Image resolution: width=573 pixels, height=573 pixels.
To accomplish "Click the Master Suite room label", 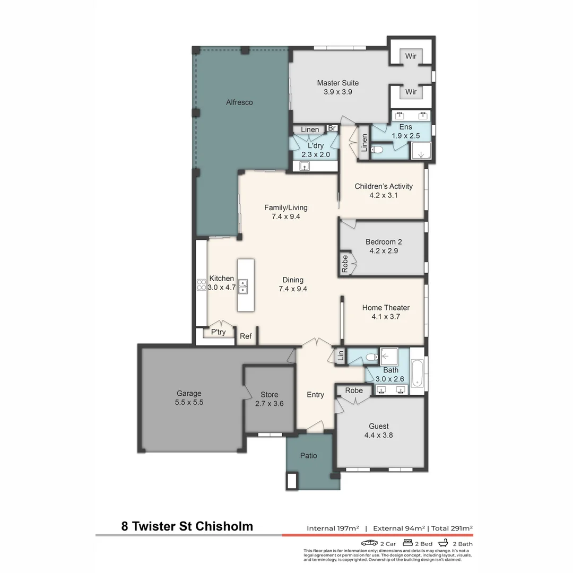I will point(337,83).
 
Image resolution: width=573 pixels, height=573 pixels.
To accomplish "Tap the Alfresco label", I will point(239,102).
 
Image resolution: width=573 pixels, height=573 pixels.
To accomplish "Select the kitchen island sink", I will point(243,286).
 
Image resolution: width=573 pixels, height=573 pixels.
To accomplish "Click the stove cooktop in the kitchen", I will point(202,285).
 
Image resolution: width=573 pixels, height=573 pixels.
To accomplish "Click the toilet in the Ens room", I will point(377,150).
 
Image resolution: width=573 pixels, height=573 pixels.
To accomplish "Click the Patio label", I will point(308,456).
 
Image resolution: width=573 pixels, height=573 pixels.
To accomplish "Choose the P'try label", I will point(218,332).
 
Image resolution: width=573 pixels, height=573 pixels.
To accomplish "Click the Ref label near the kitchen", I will point(246,336).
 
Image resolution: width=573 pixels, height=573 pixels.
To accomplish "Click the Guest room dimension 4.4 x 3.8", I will point(378,435).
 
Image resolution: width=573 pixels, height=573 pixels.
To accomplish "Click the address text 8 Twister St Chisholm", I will point(187,526).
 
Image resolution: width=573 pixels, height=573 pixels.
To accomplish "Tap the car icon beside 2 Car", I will point(369,543).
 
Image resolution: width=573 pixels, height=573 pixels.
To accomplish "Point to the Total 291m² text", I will point(452,528).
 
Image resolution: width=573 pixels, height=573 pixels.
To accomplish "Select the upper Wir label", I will point(411,56).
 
